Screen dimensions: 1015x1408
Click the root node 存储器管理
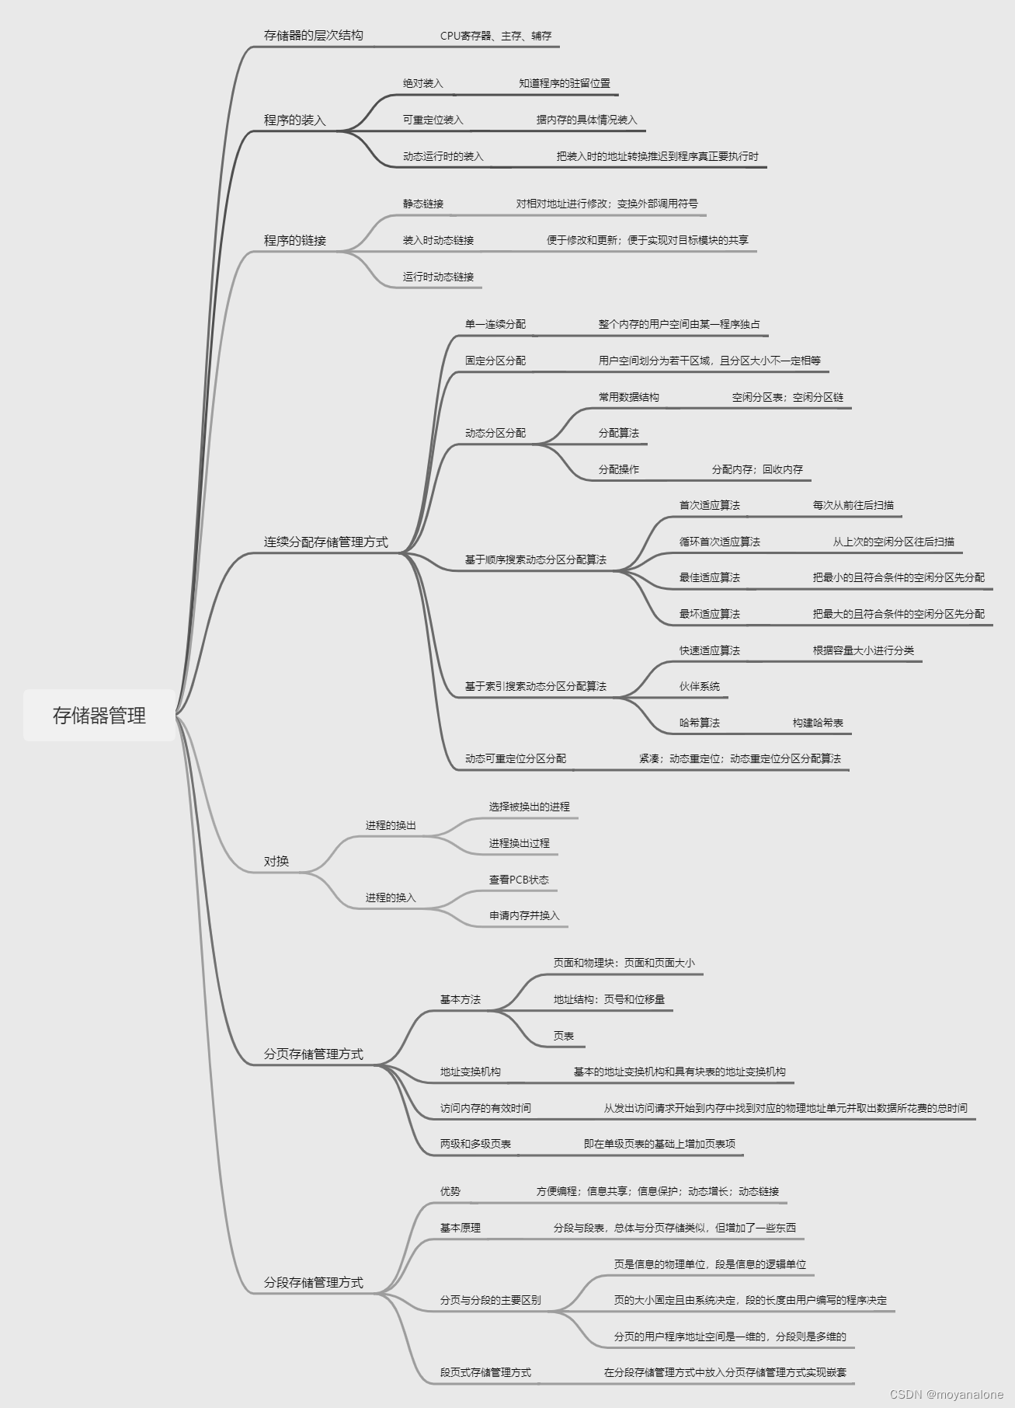pos(99,715)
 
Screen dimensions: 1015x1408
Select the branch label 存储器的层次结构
pos(313,35)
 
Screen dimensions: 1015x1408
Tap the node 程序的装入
pos(294,120)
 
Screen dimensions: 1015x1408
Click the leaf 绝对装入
pos(422,83)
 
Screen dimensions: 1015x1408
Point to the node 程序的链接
pos(294,240)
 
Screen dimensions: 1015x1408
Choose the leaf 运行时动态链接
pos(438,277)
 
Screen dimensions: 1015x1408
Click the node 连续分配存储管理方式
pos(325,542)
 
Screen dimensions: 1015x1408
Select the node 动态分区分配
pos(495,433)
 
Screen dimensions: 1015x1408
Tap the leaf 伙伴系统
pos(699,686)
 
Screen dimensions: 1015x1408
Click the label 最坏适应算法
pos(709,614)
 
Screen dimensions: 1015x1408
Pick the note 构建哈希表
pos(818,723)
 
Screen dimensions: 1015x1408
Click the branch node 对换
pos(276,861)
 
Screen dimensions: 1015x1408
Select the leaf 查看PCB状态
pos(519,880)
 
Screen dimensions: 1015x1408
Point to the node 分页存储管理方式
pos(313,1054)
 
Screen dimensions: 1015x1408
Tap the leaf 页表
pos(563,1036)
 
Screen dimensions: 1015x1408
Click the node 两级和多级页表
pos(475,1144)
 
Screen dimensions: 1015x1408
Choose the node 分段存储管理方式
pos(313,1282)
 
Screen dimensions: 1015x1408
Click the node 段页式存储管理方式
pos(485,1372)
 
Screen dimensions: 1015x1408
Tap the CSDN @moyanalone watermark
pos(946,1395)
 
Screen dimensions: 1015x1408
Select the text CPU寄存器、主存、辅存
pos(495,36)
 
